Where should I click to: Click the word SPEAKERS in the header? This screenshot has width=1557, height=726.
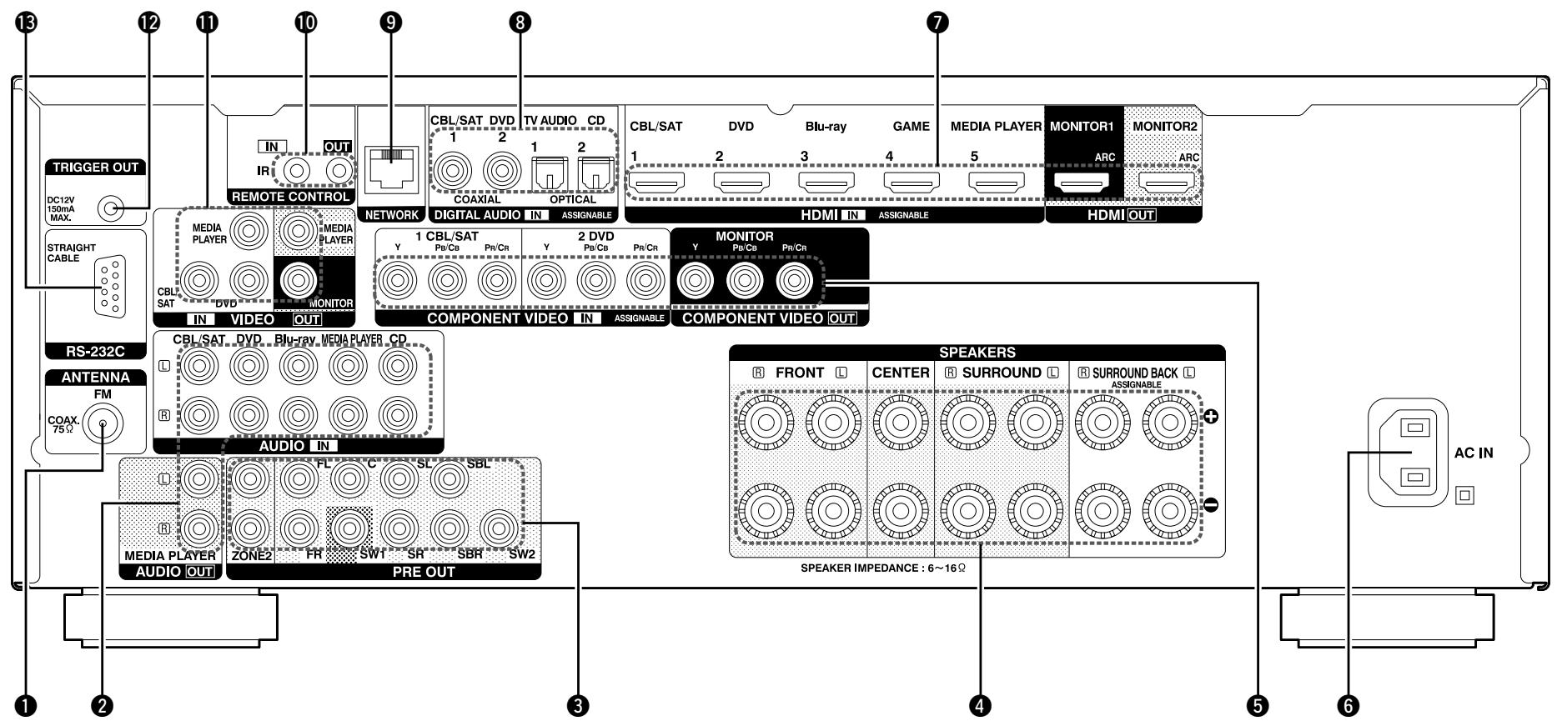pos(977,353)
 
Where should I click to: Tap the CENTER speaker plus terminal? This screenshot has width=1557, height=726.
pos(901,423)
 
